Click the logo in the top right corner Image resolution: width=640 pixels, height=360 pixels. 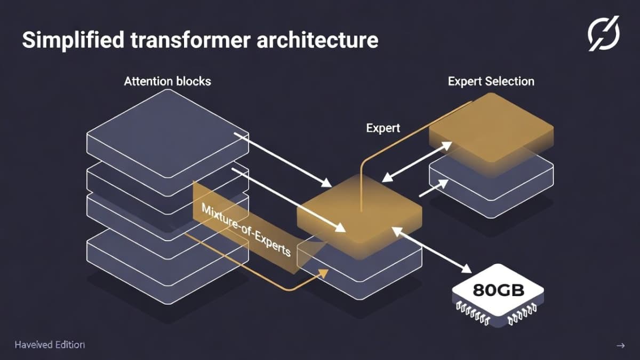pyautogui.click(x=604, y=33)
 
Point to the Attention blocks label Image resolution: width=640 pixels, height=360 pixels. pyautogui.click(x=167, y=82)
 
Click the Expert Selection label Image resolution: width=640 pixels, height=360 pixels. pyautogui.click(x=491, y=82)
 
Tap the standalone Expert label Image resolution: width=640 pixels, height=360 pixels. pyautogui.click(x=383, y=129)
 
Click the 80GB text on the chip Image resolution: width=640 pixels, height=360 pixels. pyautogui.click(x=498, y=291)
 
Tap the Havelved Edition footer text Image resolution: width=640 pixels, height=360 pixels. pyautogui.click(x=50, y=345)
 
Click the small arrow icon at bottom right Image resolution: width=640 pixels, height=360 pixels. pyautogui.click(x=620, y=346)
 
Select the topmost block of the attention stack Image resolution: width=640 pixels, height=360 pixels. pyautogui.click(x=167, y=128)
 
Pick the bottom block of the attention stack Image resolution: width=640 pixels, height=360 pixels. pyautogui.click(x=167, y=256)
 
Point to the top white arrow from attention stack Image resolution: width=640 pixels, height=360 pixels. pyautogui.click(x=283, y=160)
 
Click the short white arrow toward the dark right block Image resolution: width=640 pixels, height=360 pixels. pyautogui.click(x=433, y=188)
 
